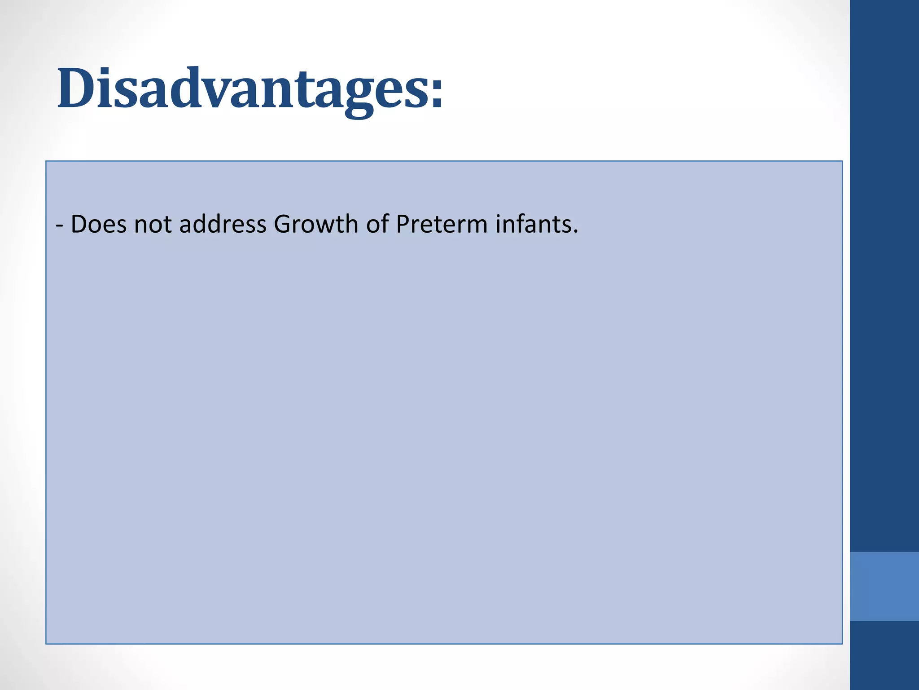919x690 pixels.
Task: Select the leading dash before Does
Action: pos(60,225)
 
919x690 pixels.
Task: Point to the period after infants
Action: pos(575,232)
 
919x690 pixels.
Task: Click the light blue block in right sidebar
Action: pos(884,586)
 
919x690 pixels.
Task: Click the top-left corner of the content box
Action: pos(46,161)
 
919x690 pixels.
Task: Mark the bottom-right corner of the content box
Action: pos(842,643)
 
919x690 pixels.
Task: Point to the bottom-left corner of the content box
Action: pos(46,643)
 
